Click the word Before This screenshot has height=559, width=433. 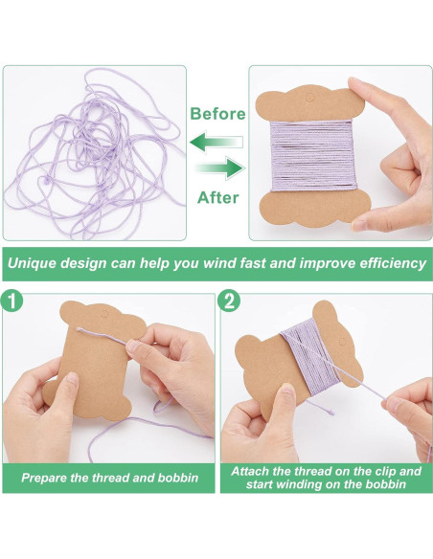point(217,114)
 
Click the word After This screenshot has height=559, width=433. point(217,198)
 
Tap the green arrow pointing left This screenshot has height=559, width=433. point(216,143)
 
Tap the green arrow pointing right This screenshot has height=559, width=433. point(218,169)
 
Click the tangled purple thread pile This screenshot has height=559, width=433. point(91,153)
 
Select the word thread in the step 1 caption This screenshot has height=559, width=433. point(111,476)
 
